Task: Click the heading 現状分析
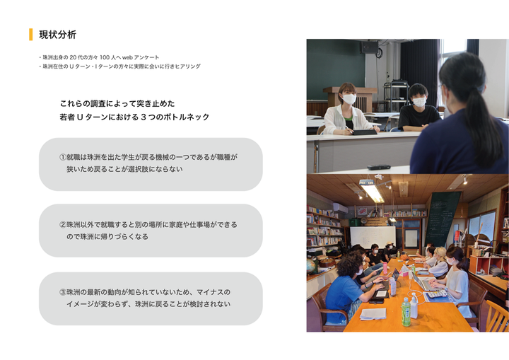click(57, 35)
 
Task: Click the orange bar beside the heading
click(31, 35)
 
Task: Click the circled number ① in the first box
click(63, 157)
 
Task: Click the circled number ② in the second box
click(63, 224)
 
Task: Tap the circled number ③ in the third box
click(63, 292)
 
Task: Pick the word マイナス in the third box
click(210, 292)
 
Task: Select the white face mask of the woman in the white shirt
click(349, 99)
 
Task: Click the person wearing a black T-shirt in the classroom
click(418, 108)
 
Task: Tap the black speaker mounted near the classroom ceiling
click(370, 47)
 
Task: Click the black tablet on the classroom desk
click(365, 132)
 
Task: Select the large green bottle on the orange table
click(406, 311)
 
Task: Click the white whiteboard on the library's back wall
click(373, 238)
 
